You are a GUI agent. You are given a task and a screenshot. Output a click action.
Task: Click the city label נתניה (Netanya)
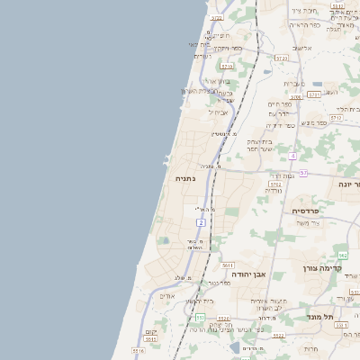pos(183,179)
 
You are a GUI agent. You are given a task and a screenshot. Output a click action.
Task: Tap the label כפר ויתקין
pos(223,48)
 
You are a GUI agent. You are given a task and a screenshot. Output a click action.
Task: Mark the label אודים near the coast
pos(167,296)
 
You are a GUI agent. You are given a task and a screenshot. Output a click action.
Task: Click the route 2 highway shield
pos(201,221)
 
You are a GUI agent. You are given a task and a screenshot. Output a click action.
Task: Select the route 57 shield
pos(303,172)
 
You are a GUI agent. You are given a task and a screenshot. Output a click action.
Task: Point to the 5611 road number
pos(227,265)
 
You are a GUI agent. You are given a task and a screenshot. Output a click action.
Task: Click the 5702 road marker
pos(275,184)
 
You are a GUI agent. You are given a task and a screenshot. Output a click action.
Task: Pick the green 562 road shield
pos(343,256)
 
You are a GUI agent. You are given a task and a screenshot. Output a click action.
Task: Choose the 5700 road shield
pos(296,97)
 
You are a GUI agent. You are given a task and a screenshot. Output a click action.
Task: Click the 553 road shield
pos(198,318)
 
